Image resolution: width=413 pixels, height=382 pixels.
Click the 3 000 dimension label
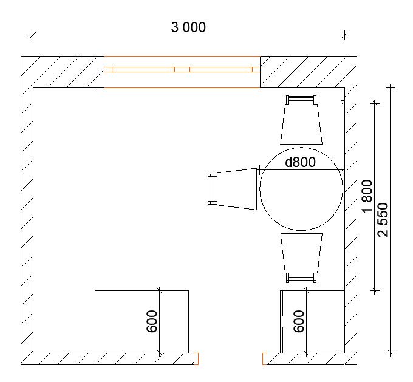point(188,27)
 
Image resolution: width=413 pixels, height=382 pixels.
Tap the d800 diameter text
point(300,162)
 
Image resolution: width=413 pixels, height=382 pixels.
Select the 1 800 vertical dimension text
point(367,196)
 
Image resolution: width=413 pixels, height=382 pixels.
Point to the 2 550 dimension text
point(383,220)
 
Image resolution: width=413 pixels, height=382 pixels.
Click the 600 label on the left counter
point(152,321)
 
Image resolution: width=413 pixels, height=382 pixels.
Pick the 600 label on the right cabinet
point(299,321)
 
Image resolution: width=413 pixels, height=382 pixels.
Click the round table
point(301,189)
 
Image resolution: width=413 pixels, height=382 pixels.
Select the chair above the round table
point(301,120)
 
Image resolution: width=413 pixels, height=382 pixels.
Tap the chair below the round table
point(301,258)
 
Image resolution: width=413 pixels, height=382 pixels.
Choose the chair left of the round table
point(232,189)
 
